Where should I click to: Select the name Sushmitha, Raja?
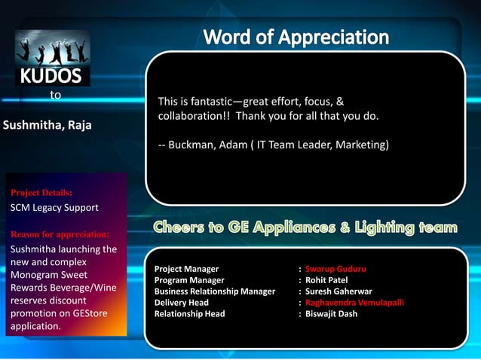pos(47,125)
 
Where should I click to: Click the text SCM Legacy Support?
pos(54,207)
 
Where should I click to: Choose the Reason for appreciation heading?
pos(60,234)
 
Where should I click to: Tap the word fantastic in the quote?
pos(209,101)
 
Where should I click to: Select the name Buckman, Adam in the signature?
pos(206,145)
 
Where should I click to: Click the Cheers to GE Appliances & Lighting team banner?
pos(305,227)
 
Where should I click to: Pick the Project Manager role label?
pos(186,269)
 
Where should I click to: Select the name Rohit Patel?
pos(326,280)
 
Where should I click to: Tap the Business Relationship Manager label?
pos(214,291)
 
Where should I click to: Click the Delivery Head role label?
pos(181,303)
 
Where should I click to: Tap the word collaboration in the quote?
pos(189,117)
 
